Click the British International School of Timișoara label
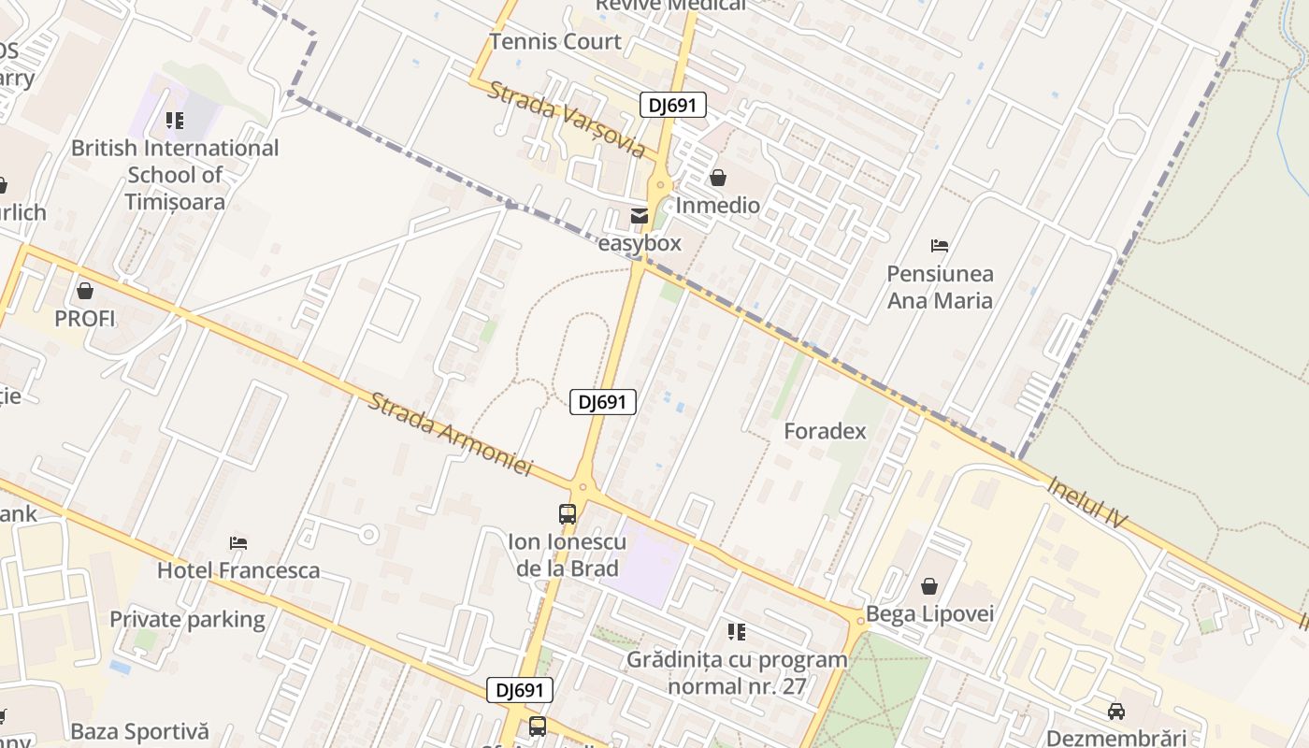tap(175, 175)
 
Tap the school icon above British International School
tap(175, 121)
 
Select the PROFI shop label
tap(85, 319)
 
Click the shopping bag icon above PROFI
tap(85, 292)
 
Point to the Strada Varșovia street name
tap(567, 119)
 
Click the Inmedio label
tap(718, 205)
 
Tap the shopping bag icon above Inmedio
tap(718, 178)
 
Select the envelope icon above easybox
tap(640, 217)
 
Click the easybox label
tap(640, 244)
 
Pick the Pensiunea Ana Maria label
tap(940, 287)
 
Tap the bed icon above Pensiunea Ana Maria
tap(940, 246)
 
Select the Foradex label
tap(825, 432)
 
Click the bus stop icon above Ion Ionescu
tap(568, 513)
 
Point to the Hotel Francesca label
tap(238, 570)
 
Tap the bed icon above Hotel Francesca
tap(238, 543)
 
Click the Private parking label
tap(188, 620)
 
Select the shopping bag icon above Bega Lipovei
tap(929, 587)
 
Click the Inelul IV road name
tap(1088, 502)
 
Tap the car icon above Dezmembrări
tap(1115, 712)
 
